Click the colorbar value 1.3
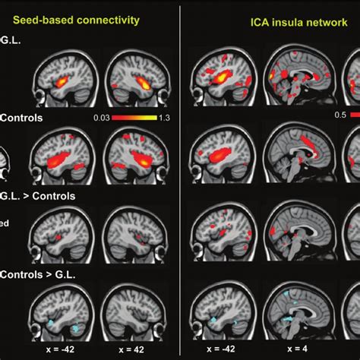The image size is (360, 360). click(163, 118)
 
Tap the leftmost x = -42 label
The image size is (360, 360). click(58, 350)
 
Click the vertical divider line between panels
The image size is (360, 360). click(180, 180)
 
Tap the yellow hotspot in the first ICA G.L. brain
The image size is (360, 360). click(219, 77)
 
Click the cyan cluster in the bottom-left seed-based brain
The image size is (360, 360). click(52, 324)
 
